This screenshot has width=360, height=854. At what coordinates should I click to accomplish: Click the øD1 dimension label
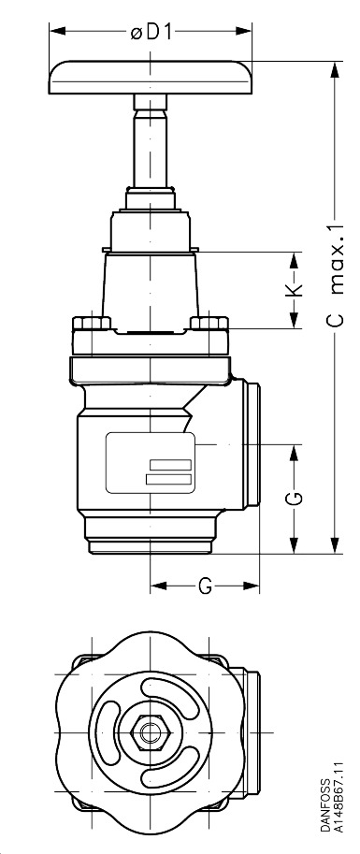click(151, 32)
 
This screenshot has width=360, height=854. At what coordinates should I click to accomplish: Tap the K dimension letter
click(295, 291)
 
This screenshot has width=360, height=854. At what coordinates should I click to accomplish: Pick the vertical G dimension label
click(295, 497)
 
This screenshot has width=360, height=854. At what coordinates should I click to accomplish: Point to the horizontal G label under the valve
click(204, 586)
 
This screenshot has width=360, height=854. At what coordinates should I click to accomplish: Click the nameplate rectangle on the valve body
click(150, 462)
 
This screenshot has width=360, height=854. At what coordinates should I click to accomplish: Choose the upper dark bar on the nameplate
click(168, 466)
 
